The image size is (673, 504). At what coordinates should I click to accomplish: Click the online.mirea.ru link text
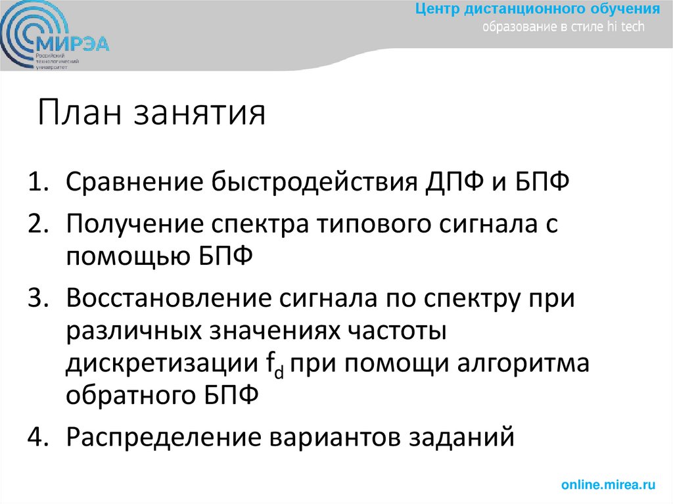click(609, 485)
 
